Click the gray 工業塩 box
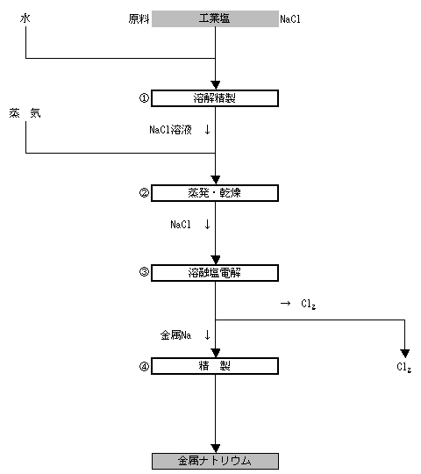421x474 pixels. pos(215,18)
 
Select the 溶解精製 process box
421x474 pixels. pos(215,98)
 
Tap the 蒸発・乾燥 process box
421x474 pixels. pos(215,193)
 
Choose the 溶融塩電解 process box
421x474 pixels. pos(215,273)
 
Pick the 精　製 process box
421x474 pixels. pos(215,366)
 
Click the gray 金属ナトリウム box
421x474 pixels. pos(215,461)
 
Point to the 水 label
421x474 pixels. pos(25,18)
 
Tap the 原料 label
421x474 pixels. pos(139,19)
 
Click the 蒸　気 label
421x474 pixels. pos(25,113)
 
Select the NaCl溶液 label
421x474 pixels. pos(171,130)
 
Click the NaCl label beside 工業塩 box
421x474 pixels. pos(290,19)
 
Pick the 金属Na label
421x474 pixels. pos(175,335)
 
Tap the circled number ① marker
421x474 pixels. pos(144,98)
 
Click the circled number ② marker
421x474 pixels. pos(144,192)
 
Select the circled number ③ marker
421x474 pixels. pos(144,272)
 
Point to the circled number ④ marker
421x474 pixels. pos(144,366)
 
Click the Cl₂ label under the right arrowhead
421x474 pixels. pos(403,367)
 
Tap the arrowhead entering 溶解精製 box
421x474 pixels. pos(216,85)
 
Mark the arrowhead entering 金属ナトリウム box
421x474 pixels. pos(216,449)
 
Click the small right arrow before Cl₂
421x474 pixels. pos(285,303)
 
